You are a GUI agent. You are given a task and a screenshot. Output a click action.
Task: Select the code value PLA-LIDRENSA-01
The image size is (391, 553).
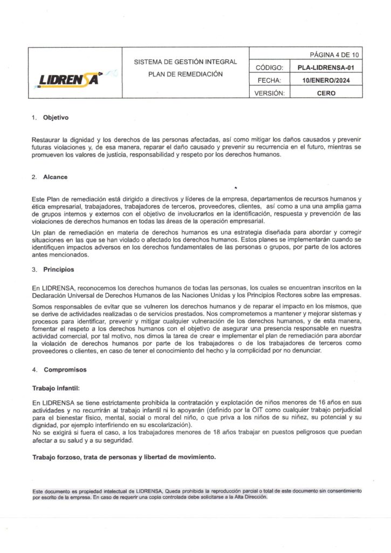(x=326, y=68)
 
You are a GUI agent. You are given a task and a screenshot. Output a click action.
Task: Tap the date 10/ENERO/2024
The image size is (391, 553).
(x=326, y=80)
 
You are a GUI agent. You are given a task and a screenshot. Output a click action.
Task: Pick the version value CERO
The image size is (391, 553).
(x=326, y=93)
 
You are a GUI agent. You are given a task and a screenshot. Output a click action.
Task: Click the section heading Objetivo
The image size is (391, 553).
(x=56, y=118)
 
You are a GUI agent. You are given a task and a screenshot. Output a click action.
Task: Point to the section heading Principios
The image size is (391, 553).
(x=58, y=269)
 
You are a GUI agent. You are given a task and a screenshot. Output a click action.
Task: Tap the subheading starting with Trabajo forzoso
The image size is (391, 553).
(x=124, y=457)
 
